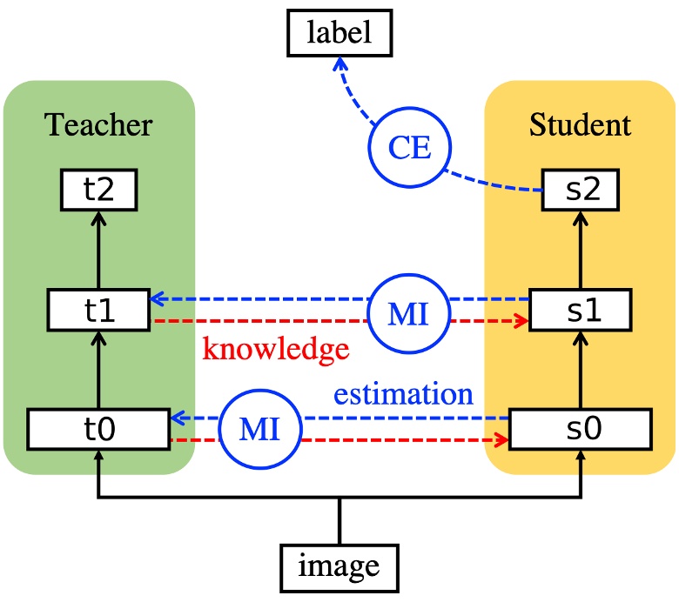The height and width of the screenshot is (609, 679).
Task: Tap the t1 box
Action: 97,310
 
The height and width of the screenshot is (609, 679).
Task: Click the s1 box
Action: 581,310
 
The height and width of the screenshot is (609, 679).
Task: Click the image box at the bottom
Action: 339,566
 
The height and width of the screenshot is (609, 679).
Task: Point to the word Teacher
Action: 97,125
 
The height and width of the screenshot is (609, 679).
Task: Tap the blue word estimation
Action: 403,393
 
